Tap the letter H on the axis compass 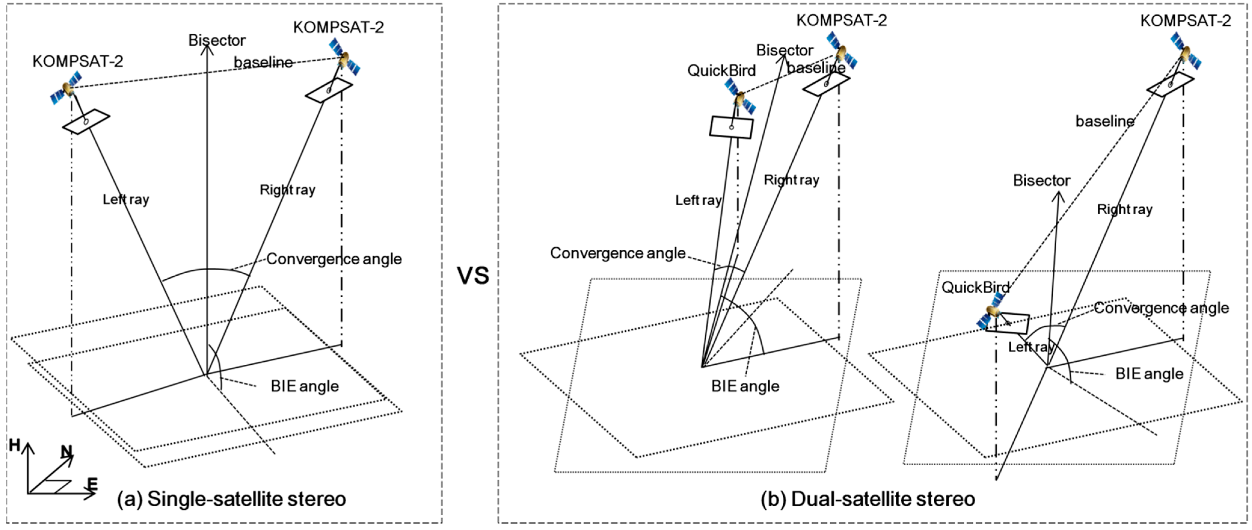pyautogui.click(x=15, y=445)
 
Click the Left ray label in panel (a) pyautogui.click(x=125, y=199)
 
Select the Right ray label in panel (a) pyautogui.click(x=287, y=190)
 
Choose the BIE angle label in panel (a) pyautogui.click(x=305, y=386)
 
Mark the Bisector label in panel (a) pyautogui.click(x=217, y=40)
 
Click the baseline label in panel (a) pyautogui.click(x=263, y=62)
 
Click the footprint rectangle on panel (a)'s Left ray pyautogui.click(x=86, y=121)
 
